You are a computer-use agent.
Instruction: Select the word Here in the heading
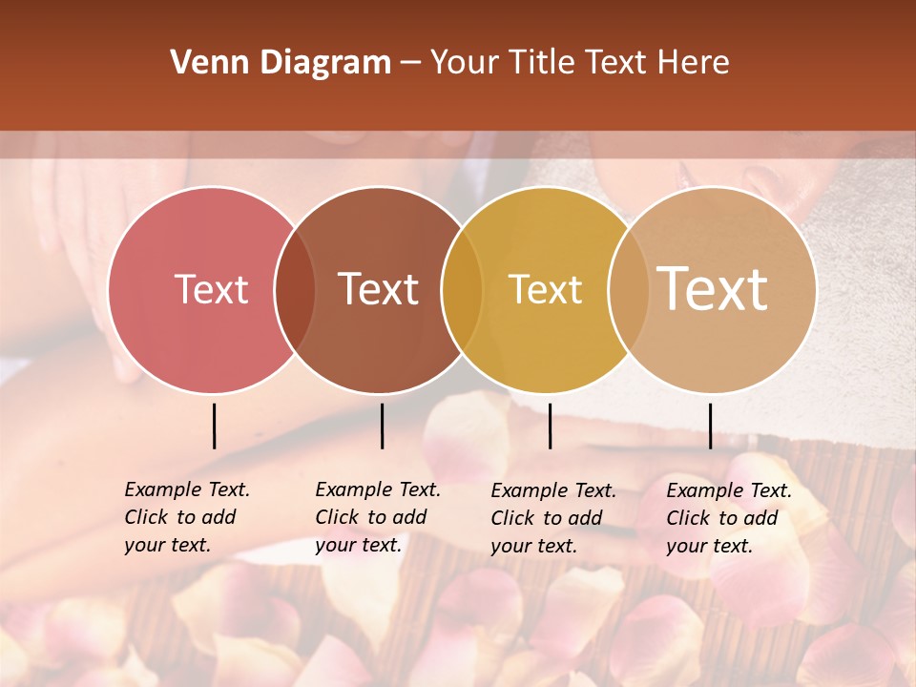tap(695, 63)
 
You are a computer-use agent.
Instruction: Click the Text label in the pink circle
tap(211, 290)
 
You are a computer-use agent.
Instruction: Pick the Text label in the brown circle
tap(379, 290)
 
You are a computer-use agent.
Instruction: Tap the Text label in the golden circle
tap(545, 290)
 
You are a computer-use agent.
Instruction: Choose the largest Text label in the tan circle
tap(713, 289)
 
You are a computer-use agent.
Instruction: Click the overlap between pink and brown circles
tap(295, 290)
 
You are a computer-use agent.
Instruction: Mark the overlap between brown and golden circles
tap(462, 290)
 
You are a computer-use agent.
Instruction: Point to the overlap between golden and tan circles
tap(628, 290)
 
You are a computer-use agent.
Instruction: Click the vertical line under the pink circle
tap(214, 426)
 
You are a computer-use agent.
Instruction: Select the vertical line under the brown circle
tap(382, 426)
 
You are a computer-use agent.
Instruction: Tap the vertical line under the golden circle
tap(550, 426)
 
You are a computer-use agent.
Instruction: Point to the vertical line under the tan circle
tap(710, 426)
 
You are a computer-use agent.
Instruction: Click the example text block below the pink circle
tap(187, 517)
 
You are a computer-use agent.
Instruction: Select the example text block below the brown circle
tap(378, 517)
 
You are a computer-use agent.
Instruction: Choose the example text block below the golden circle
tap(553, 518)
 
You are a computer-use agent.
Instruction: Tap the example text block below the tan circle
tap(729, 518)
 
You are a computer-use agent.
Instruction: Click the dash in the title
tap(410, 63)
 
